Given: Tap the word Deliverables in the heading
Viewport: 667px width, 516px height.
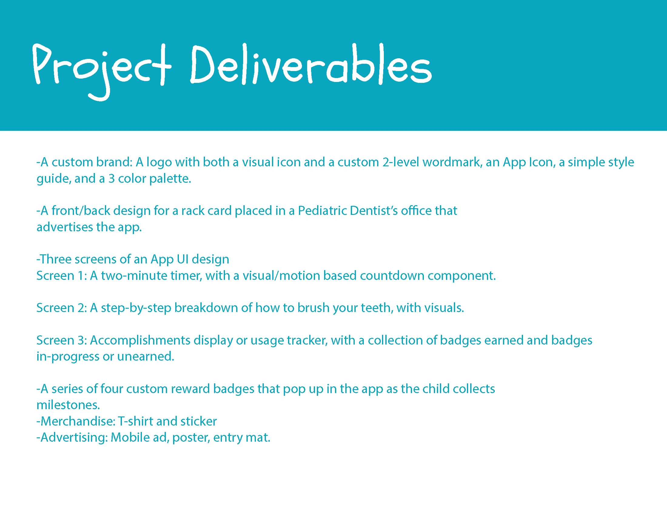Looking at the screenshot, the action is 311,64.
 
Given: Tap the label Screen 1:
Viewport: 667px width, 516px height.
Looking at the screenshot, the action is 62,276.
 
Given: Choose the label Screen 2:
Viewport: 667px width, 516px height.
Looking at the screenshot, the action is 62,308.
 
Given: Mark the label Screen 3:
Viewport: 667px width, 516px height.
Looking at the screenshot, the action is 62,340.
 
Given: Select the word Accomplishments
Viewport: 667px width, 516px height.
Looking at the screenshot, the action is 140,341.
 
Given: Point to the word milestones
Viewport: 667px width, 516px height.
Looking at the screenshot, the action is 68,405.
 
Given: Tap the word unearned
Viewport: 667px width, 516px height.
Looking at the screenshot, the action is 146,356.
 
